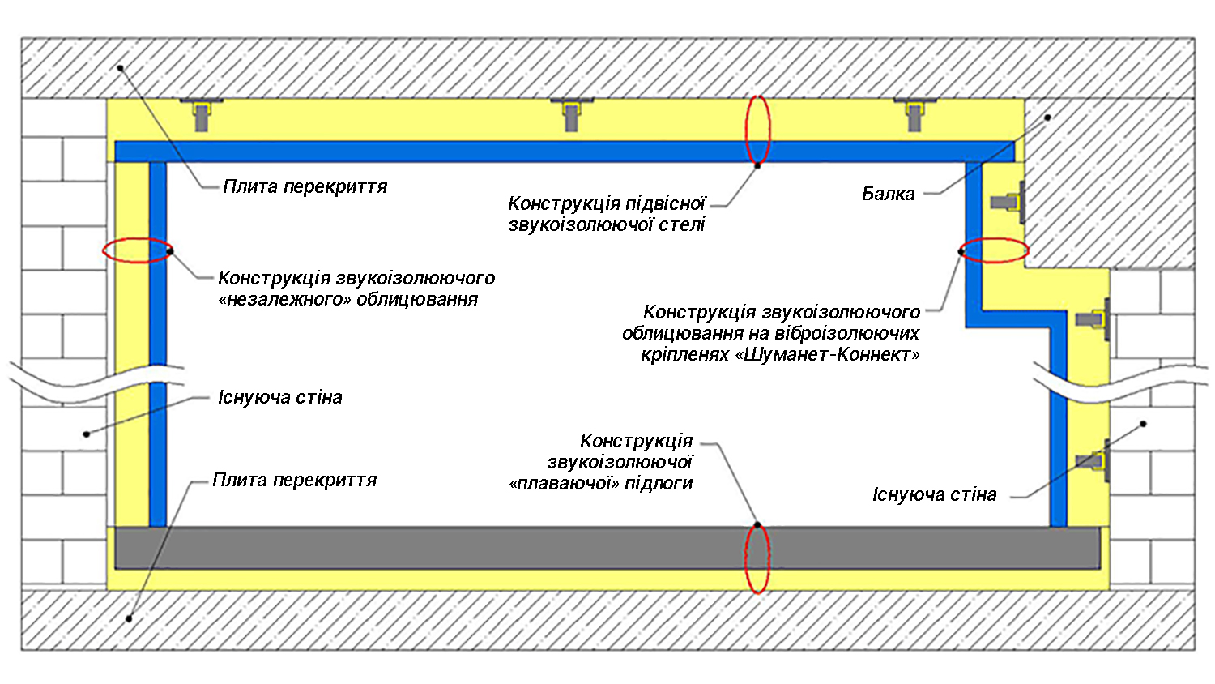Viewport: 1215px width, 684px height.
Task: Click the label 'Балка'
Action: (888, 194)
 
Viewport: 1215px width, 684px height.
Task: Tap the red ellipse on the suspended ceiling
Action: (758, 130)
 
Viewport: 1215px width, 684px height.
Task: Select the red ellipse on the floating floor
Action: (757, 558)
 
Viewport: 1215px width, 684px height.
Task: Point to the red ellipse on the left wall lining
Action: (138, 250)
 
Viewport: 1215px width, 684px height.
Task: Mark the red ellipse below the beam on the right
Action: (994, 250)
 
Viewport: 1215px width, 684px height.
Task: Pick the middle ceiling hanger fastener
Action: (572, 113)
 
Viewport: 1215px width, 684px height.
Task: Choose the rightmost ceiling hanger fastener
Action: (914, 113)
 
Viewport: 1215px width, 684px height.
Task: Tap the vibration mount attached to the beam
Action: (1009, 202)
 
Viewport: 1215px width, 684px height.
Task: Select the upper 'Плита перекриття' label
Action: (305, 186)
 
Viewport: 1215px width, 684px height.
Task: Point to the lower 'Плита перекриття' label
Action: (295, 480)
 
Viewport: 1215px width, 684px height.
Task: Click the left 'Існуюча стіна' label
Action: (280, 397)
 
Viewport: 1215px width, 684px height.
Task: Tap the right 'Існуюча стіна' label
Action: (934, 494)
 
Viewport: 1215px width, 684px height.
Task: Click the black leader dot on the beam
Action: (1047, 118)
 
